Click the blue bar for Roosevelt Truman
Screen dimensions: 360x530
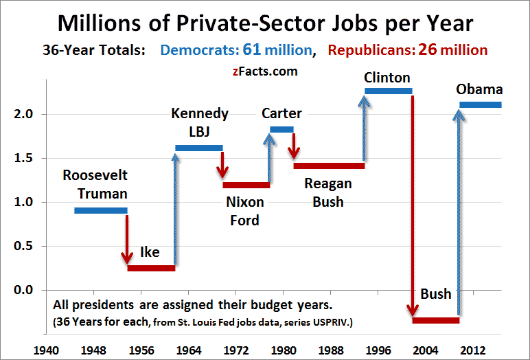coord(100,210)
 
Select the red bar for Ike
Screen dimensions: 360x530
coord(151,268)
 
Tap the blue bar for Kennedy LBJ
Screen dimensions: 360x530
coord(199,148)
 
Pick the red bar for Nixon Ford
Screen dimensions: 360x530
coord(246,184)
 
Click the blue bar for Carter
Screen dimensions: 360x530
coord(281,129)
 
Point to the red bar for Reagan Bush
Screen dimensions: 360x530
coord(329,166)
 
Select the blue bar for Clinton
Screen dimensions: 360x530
coord(388,91)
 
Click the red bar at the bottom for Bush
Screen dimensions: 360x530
coord(435,320)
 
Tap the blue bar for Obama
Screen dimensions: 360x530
coord(481,104)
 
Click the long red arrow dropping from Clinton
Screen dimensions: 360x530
coord(413,206)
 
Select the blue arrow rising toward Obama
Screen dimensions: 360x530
coord(459,206)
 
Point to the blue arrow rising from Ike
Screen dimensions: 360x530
coord(176,206)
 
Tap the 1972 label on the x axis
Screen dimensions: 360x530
coord(236,350)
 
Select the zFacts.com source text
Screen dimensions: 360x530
coord(264,70)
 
